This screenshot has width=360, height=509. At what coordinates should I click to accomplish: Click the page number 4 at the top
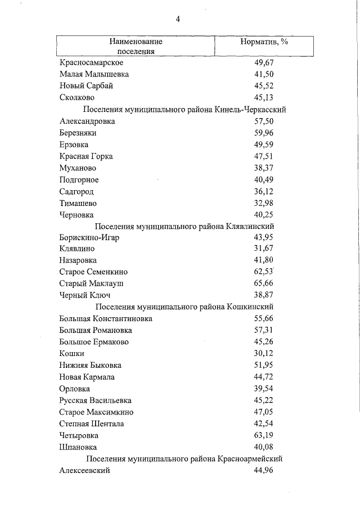point(178,19)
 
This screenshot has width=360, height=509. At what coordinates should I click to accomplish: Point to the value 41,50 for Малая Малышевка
point(264,74)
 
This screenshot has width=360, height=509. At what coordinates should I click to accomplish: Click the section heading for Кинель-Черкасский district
point(184,109)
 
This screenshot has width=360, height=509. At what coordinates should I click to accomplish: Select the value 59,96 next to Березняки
point(264,133)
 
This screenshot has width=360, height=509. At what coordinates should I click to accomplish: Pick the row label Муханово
point(78,168)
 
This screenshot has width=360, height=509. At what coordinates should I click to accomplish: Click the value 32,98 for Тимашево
point(264,203)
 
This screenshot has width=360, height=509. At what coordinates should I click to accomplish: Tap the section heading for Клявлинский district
point(184,226)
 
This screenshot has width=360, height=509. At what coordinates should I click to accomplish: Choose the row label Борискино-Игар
point(89,237)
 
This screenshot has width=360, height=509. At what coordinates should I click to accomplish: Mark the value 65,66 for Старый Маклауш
point(264,284)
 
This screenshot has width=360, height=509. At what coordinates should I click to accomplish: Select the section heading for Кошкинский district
point(184,307)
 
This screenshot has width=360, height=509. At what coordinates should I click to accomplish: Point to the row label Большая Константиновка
point(106,319)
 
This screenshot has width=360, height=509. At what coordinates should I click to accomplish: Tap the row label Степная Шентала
point(92,424)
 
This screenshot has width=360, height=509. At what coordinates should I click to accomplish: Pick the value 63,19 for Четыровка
point(264,435)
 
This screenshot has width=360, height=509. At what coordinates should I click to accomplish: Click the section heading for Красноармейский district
point(184,459)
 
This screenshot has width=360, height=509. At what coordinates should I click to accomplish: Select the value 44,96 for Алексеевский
point(264,471)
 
